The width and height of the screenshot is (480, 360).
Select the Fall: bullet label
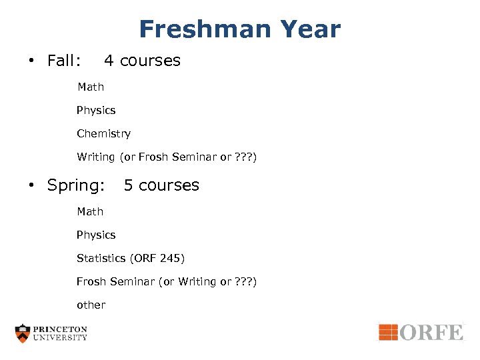coord(64,61)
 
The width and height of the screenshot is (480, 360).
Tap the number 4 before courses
coord(109,61)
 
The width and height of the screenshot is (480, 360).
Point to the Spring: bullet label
coord(75,185)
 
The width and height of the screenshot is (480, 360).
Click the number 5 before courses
coord(128,185)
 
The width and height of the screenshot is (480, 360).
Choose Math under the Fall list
coord(90,87)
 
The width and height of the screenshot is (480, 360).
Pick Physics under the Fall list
coord(96,110)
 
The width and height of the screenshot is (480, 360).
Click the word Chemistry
coord(103,133)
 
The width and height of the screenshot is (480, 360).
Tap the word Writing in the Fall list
coord(96,157)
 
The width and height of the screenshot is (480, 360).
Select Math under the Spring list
coord(90,211)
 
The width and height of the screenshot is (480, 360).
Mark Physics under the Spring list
coord(96,235)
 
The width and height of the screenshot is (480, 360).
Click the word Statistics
coord(101,258)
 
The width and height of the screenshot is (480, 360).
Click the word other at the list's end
coord(91,305)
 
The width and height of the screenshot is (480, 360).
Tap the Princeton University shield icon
coord(23,333)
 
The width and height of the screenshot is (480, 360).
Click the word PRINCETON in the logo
coord(61,329)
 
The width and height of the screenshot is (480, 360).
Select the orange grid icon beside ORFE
coord(388,332)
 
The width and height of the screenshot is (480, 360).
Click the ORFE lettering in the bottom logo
coord(431,332)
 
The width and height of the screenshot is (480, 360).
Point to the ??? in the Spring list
coord(243,281)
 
